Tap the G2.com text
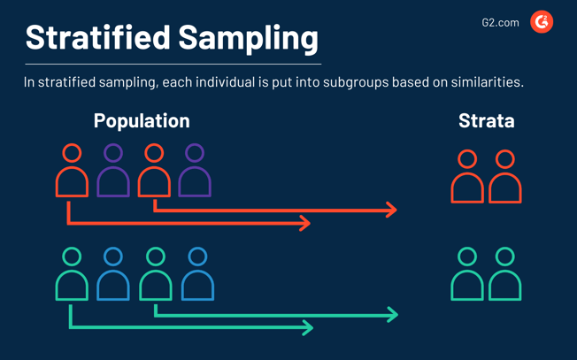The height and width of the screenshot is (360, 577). (500, 22)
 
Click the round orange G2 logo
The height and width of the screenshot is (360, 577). (542, 21)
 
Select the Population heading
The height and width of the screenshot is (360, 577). (142, 120)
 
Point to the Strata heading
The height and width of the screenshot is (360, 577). (486, 120)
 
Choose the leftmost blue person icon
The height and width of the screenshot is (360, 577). (113, 274)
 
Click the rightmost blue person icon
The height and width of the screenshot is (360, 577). (197, 274)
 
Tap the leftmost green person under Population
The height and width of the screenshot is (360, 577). (72, 274)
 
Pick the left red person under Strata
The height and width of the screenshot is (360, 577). (467, 177)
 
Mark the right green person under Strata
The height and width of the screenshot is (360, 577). (505, 274)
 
